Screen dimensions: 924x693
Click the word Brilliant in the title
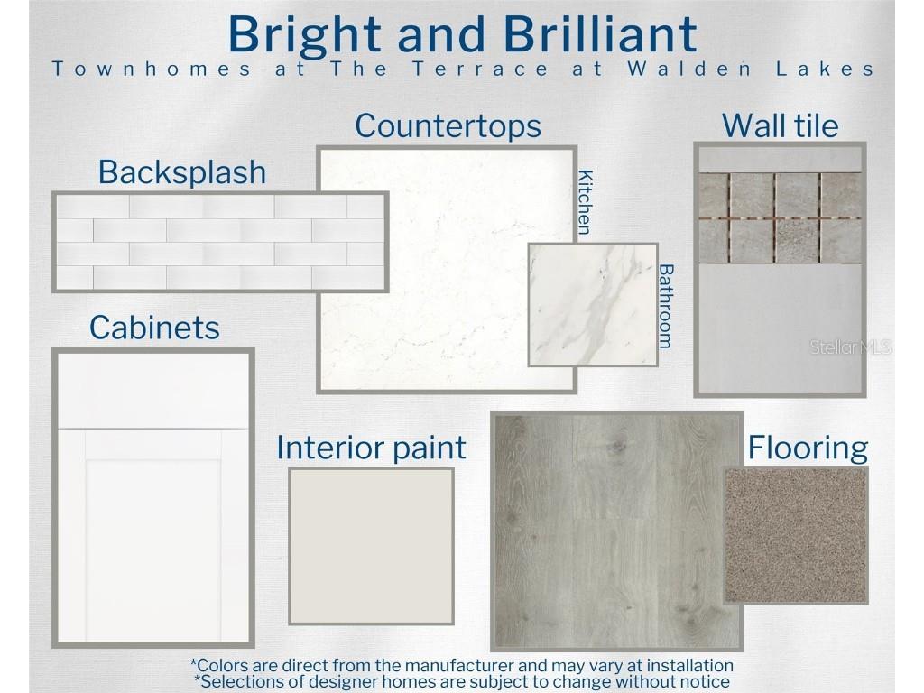click(600, 33)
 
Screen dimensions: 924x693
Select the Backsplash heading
click(182, 172)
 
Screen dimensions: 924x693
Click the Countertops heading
click(448, 126)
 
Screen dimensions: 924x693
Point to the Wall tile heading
click(781, 125)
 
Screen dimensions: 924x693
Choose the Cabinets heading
click(154, 328)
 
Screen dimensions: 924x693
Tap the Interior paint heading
click(371, 448)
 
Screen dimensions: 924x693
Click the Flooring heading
click(808, 448)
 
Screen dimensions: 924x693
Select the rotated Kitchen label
click(585, 202)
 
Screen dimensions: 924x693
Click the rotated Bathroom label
click(665, 306)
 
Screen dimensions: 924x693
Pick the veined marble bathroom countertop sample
click(593, 305)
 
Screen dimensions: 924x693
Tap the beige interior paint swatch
click(371, 546)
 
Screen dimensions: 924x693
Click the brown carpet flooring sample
click(796, 536)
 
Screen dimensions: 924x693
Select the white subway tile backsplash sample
click(220, 242)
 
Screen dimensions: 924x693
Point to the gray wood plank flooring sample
click(610, 531)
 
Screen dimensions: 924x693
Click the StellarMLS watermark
click(850, 347)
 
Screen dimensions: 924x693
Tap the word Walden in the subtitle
click(689, 69)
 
